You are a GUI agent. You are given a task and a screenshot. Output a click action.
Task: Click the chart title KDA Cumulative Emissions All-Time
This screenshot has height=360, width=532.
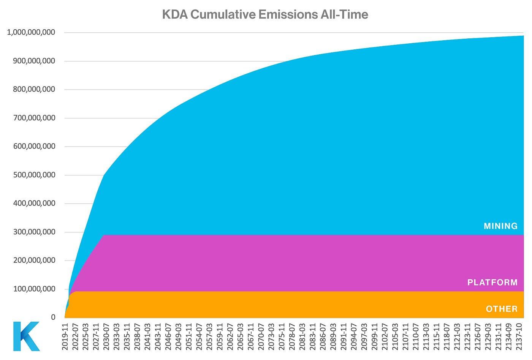pyautogui.click(x=265, y=14)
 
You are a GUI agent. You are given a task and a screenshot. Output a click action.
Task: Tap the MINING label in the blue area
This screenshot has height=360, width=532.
pyautogui.click(x=500, y=226)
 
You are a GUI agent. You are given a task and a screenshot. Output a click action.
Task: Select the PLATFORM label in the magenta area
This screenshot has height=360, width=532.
pyautogui.click(x=492, y=282)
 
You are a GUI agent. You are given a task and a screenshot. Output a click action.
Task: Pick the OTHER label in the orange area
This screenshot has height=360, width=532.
pyautogui.click(x=502, y=309)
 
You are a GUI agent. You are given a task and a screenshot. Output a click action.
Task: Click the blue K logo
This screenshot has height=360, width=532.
pyautogui.click(x=26, y=336)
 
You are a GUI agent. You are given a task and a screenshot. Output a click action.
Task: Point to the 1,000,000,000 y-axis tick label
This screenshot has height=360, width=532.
pyautogui.click(x=31, y=32)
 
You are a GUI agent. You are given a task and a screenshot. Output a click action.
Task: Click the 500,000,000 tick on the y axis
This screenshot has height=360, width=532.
pyautogui.click(x=34, y=175)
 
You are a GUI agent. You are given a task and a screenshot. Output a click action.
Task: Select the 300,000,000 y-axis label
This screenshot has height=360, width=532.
pyautogui.click(x=34, y=232)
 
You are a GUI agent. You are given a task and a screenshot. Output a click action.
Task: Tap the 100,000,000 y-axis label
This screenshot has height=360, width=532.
pyautogui.click(x=34, y=289)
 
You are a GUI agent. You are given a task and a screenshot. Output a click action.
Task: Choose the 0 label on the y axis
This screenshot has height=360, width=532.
pyautogui.click(x=53, y=317)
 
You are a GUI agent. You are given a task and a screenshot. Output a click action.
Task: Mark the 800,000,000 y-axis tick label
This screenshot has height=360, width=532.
pyautogui.click(x=34, y=89)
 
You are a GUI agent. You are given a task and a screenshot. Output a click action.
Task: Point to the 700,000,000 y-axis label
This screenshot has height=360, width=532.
pyautogui.click(x=34, y=118)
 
